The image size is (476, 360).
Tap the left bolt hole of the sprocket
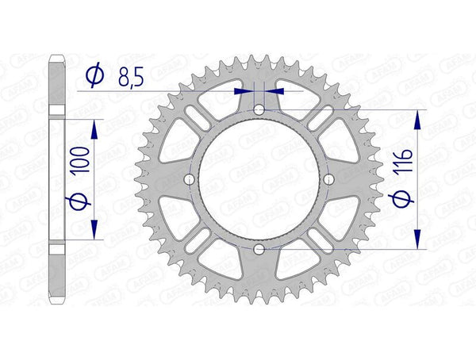pyautogui.click(x=190, y=180)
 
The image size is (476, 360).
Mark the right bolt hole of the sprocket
pyautogui.click(x=328, y=180)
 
